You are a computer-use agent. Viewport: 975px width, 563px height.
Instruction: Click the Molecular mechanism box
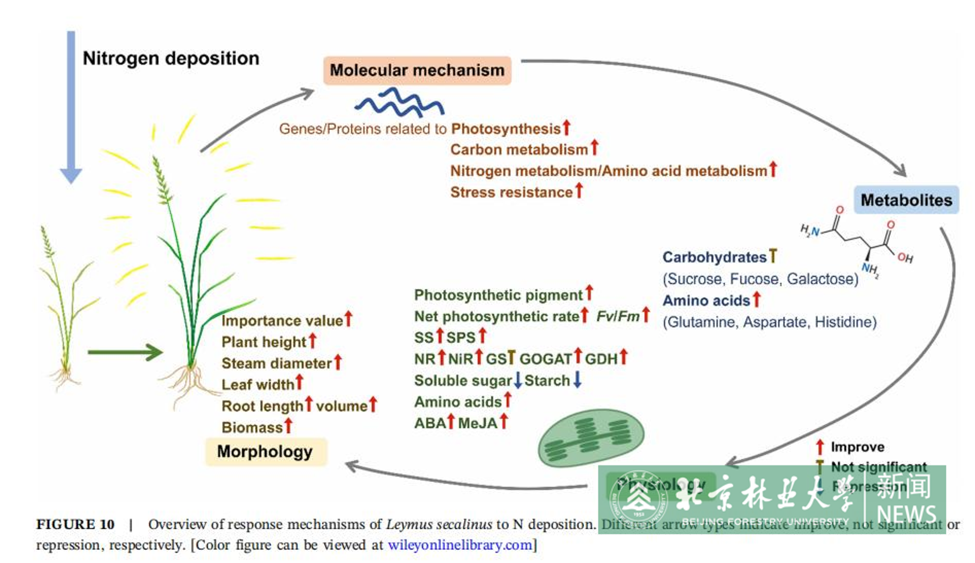(x=417, y=70)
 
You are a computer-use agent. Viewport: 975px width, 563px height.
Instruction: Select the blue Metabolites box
(x=906, y=200)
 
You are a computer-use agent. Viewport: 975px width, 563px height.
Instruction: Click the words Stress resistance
(x=511, y=192)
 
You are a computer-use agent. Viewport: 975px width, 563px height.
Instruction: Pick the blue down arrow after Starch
(x=577, y=380)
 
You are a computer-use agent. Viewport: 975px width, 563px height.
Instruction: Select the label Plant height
(x=264, y=342)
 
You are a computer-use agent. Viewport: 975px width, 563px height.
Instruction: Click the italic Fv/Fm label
(x=617, y=316)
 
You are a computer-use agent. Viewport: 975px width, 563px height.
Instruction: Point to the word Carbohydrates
(x=714, y=257)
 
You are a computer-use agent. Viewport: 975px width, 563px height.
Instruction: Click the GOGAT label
(x=546, y=359)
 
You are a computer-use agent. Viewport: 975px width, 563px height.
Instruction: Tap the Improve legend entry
(x=857, y=447)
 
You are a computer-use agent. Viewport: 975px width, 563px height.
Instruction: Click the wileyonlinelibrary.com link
(x=460, y=545)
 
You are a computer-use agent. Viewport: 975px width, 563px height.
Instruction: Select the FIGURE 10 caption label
(x=76, y=524)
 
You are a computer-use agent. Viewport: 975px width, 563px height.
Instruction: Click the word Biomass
(x=252, y=427)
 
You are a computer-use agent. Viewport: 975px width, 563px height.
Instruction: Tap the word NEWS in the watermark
(x=906, y=514)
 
